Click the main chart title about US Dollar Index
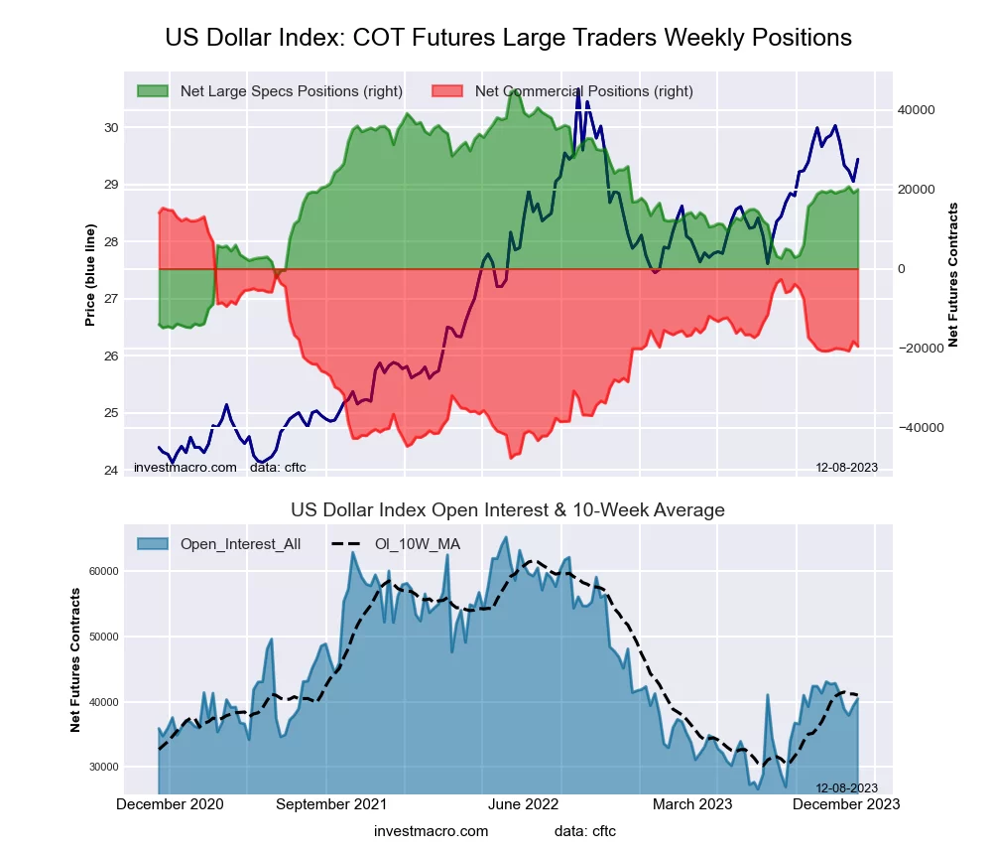click(x=508, y=38)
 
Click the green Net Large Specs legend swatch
click(x=153, y=91)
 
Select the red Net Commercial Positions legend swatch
click(x=448, y=91)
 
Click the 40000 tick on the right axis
click(x=917, y=110)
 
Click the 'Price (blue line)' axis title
click(x=90, y=275)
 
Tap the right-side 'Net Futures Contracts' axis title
click(x=953, y=275)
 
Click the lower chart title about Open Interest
click(x=508, y=510)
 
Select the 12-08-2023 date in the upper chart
click(x=846, y=468)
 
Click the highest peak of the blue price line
click(x=578, y=90)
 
